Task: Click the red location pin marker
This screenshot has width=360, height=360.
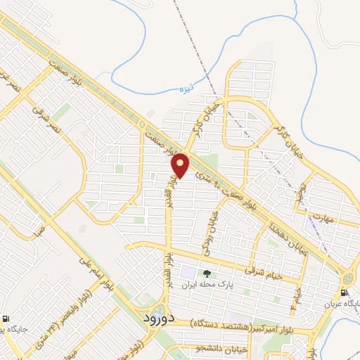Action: click(x=181, y=165)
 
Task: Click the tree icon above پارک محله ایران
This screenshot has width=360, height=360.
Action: click(x=207, y=274)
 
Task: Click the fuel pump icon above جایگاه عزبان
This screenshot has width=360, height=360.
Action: click(x=345, y=293)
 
